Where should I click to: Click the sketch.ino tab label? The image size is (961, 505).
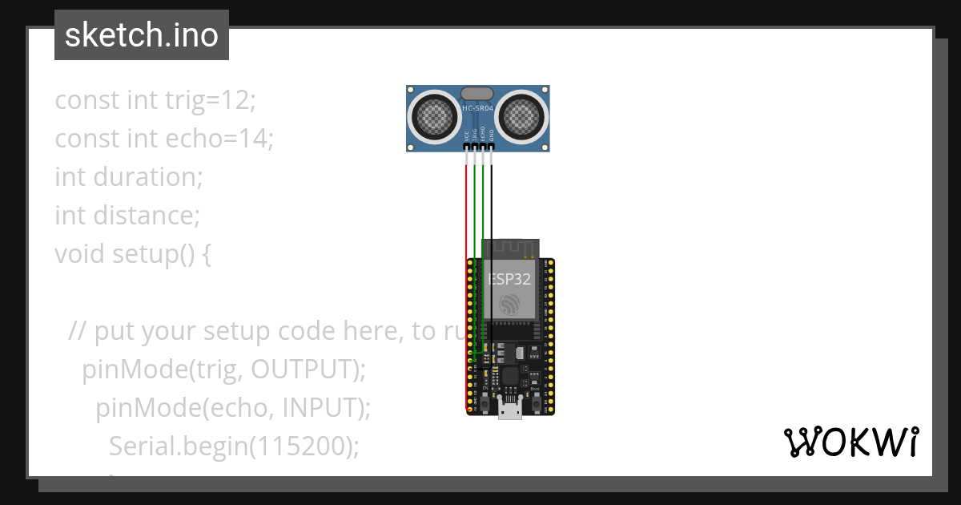coord(142,35)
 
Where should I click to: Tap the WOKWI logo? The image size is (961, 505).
coord(850,442)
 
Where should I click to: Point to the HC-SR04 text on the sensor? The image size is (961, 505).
coord(478,108)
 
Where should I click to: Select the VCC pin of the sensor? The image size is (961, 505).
coord(466,147)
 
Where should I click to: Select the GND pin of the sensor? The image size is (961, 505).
coord(492,147)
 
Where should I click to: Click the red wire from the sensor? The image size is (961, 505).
coord(466,208)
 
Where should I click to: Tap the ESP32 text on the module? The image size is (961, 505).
coord(510,279)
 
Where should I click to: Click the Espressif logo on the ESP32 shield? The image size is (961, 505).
coord(510,305)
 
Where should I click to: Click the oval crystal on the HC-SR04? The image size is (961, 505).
coord(477,94)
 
